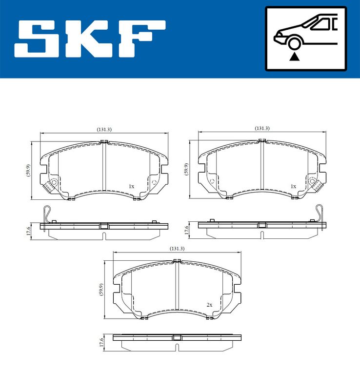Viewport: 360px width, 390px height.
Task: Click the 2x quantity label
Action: pos(209,305)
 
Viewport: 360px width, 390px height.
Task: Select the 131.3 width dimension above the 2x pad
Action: pos(177,249)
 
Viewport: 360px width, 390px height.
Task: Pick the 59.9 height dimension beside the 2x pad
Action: pos(101,291)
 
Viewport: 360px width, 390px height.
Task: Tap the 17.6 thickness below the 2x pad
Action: pos(101,342)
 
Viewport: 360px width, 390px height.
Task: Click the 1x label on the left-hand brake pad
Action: pos(131,186)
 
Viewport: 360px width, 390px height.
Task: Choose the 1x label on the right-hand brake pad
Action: pos(293,186)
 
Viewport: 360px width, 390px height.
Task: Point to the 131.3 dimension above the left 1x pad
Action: pos(104,129)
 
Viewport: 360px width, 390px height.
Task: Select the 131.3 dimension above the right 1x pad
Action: pos(262,128)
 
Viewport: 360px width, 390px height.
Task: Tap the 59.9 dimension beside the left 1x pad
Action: pos(28,171)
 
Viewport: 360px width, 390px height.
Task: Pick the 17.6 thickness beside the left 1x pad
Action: pos(28,230)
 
